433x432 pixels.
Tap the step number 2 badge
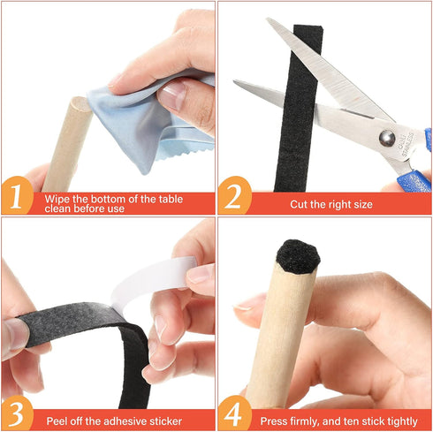point(234,197)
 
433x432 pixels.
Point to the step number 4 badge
point(234,412)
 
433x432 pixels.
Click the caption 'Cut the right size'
point(332,204)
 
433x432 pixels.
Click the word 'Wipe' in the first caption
point(58,198)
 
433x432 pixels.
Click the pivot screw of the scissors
point(386,137)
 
